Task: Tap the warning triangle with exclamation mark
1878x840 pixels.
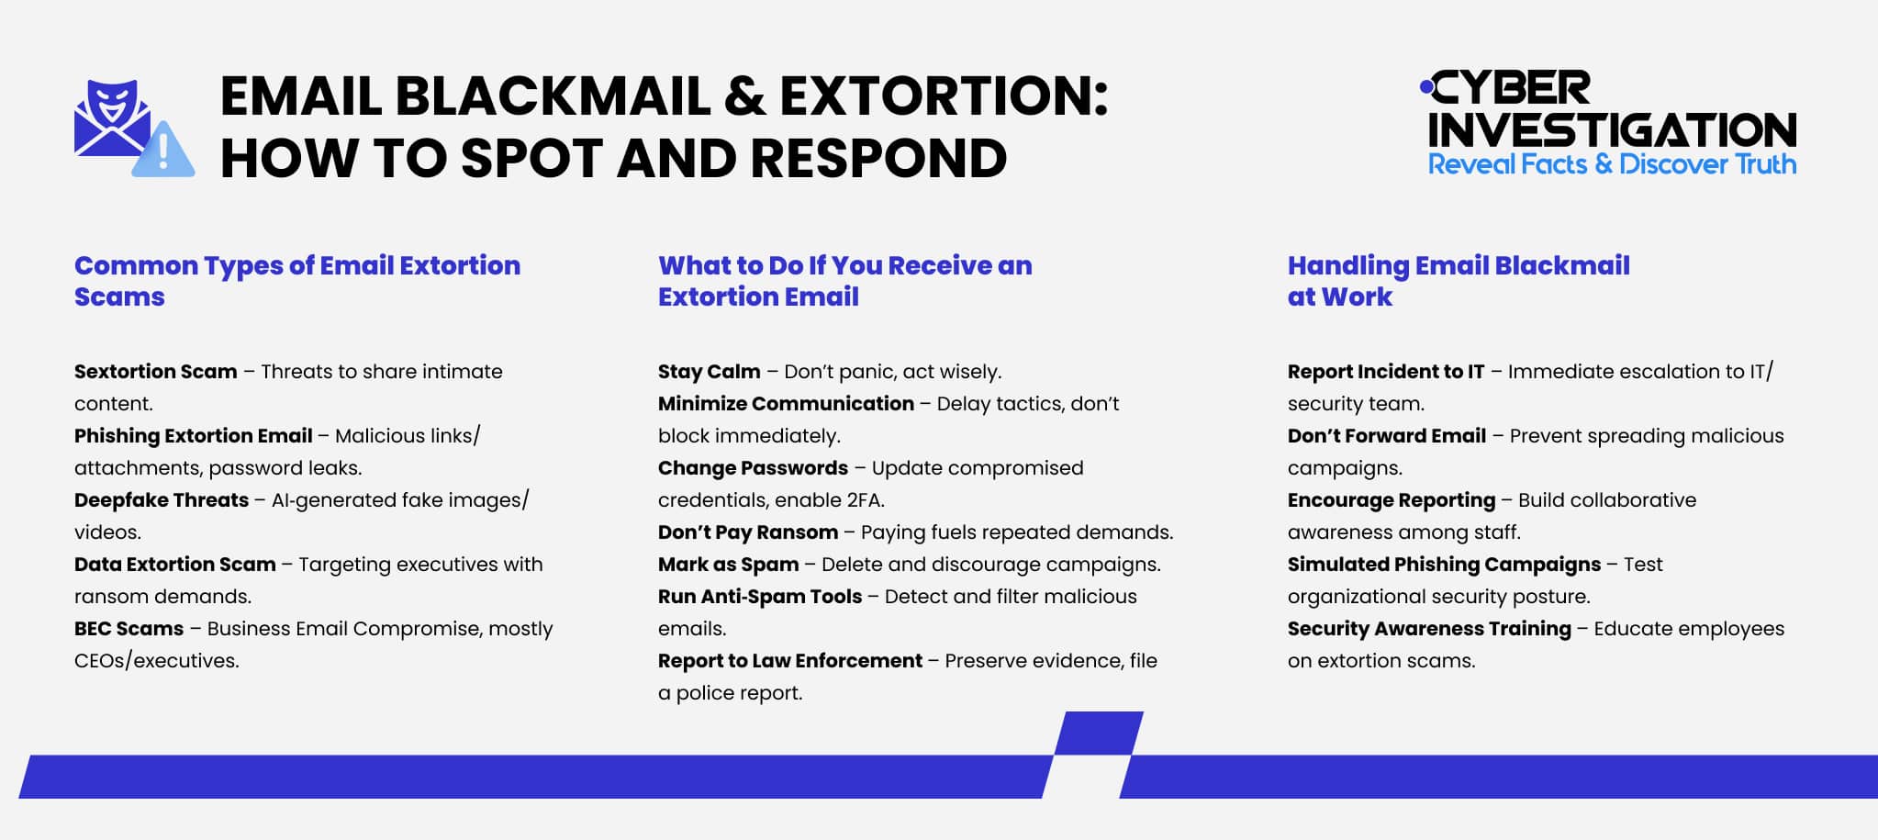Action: click(x=163, y=151)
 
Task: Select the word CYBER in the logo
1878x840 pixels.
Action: click(x=1511, y=89)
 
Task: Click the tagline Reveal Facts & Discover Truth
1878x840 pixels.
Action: click(x=1612, y=164)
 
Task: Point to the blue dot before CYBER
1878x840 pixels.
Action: click(x=1425, y=87)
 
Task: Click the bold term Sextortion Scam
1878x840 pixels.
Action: click(x=155, y=372)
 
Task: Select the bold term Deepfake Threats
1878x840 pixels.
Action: click(x=162, y=500)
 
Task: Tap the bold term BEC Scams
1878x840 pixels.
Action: click(x=129, y=629)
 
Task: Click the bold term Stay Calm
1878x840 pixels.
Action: click(x=709, y=372)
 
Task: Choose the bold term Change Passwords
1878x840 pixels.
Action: click(x=753, y=468)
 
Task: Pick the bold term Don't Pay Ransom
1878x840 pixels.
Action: click(x=747, y=532)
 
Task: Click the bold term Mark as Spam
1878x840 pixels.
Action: click(x=728, y=565)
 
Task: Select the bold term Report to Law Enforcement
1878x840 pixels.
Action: click(x=789, y=661)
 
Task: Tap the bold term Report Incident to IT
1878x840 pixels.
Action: click(x=1385, y=372)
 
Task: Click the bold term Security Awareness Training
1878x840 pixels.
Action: click(x=1428, y=629)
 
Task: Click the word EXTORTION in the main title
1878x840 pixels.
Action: click(x=944, y=96)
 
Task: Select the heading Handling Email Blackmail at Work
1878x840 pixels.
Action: click(x=1458, y=281)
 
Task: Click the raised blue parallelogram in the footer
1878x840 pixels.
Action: click(x=1099, y=734)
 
